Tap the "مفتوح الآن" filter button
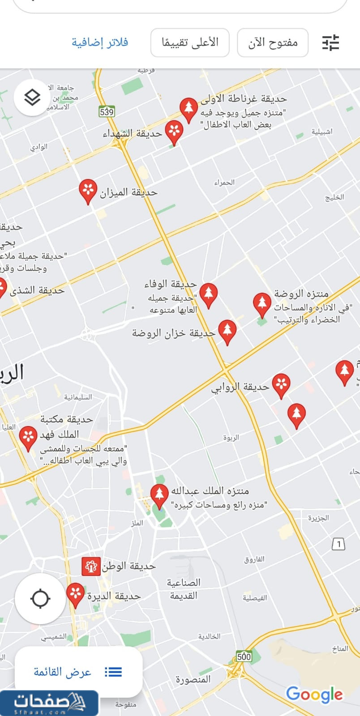pyautogui.click(x=273, y=43)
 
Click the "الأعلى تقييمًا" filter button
pyautogui.click(x=190, y=43)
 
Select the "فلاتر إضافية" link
pyautogui.click(x=100, y=43)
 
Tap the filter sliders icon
pyautogui.click(x=331, y=43)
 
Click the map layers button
pyautogui.click(x=32, y=97)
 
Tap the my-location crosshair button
pyautogui.click(x=40, y=599)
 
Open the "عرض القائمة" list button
pyautogui.click(x=78, y=672)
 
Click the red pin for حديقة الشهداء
pyautogui.click(x=174, y=132)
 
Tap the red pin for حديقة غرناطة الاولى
pyautogui.click(x=189, y=109)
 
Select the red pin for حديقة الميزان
pyautogui.click(x=88, y=191)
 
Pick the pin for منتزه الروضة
pyautogui.click(x=262, y=303)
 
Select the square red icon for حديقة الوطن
pyautogui.click(x=90, y=567)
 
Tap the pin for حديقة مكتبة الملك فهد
pyautogui.click(x=28, y=437)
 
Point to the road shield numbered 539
pyautogui.click(x=107, y=111)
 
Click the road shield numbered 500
pyautogui.click(x=244, y=656)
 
